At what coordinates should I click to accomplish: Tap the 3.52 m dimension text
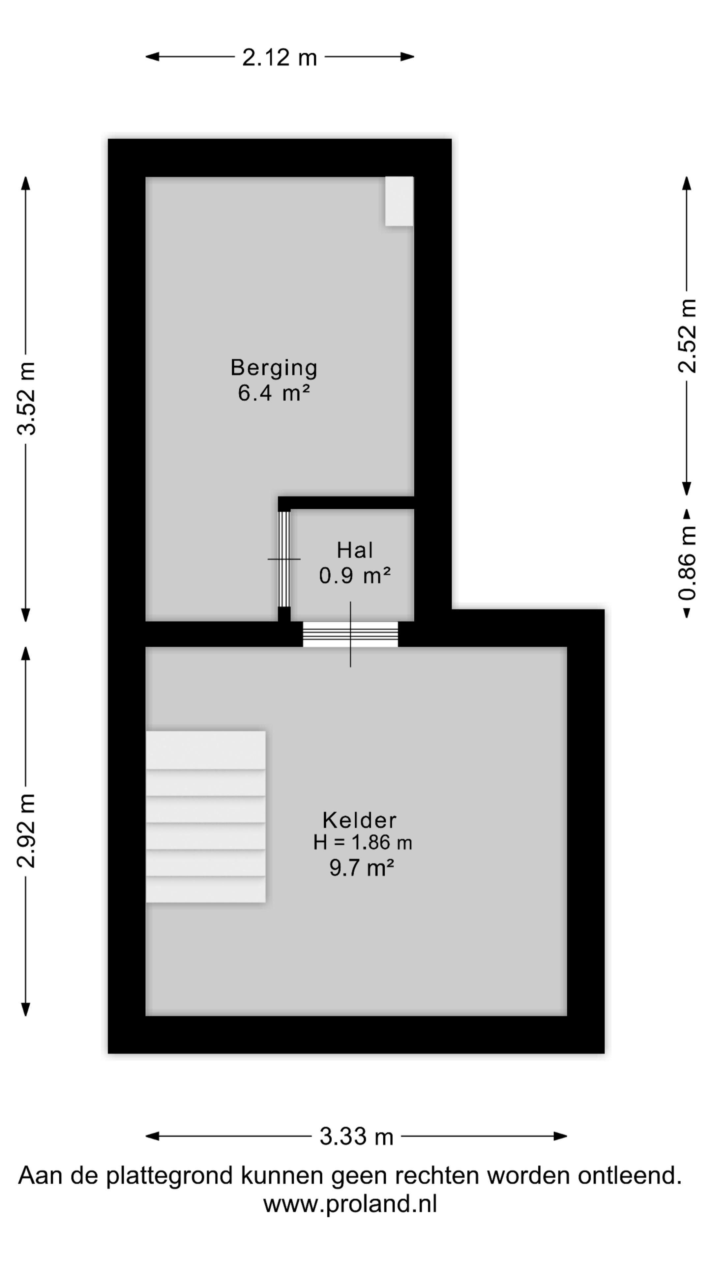(x=26, y=398)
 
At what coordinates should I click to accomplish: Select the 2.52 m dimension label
(x=687, y=336)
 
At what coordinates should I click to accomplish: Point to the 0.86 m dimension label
(x=687, y=563)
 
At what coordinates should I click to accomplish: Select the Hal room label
(x=355, y=550)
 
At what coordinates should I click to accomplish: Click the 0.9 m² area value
(x=355, y=576)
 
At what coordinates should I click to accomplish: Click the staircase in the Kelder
(x=205, y=817)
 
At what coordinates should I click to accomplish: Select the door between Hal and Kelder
(x=350, y=634)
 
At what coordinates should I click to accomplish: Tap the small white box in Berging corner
(x=399, y=201)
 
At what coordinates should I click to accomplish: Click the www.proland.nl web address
(x=350, y=1204)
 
